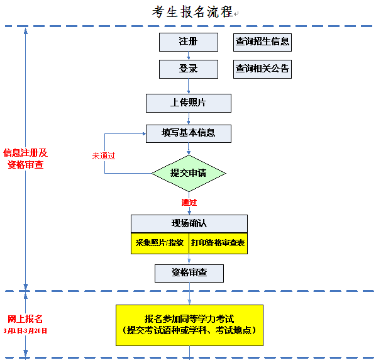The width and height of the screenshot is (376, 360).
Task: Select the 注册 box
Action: (188, 42)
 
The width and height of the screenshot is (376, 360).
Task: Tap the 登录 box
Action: (188, 69)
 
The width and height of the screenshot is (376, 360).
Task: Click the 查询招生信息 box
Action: (262, 42)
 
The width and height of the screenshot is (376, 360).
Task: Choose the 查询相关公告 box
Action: (262, 69)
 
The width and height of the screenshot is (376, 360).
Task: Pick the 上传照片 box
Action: (188, 103)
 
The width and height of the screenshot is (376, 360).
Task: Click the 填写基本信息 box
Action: (188, 133)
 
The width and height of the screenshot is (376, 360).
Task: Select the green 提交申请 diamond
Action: (189, 172)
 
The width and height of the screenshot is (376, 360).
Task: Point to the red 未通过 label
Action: (104, 155)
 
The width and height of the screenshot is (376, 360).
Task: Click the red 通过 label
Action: (189, 202)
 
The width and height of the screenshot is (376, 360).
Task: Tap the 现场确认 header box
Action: (189, 223)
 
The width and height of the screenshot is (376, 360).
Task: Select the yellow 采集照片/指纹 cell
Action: (160, 243)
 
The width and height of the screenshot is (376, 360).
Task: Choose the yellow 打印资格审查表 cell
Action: (218, 243)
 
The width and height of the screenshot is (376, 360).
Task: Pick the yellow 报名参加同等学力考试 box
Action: (189, 324)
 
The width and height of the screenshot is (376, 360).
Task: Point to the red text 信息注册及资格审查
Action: (25, 159)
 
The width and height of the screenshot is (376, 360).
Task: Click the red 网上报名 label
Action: (25, 318)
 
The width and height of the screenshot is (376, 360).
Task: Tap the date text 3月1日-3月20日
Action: (25, 330)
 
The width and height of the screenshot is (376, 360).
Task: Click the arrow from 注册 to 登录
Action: (188, 55)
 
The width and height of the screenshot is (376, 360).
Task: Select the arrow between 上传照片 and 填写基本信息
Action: (188, 118)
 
